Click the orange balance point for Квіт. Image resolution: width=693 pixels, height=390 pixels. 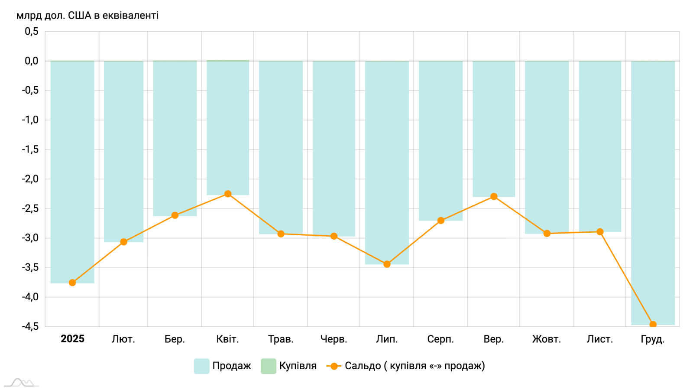(228, 194)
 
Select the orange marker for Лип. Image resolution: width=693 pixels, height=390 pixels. (387, 264)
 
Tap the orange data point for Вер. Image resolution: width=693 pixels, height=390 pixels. (494, 196)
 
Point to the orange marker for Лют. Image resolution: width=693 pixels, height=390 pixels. (123, 242)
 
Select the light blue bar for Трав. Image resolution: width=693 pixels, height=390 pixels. (281, 147)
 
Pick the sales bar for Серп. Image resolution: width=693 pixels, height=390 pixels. (440, 141)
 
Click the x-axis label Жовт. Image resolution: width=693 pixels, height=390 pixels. (546, 339)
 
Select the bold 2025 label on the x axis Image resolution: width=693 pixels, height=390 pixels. (72, 339)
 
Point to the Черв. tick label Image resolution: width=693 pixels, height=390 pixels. (334, 339)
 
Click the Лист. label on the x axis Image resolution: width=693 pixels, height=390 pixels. (599, 339)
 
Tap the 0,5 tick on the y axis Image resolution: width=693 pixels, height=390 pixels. (31, 32)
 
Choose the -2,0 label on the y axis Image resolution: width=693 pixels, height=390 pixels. (30, 179)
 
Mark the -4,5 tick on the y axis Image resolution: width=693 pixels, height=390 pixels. (30, 326)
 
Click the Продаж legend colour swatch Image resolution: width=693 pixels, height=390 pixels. (201, 366)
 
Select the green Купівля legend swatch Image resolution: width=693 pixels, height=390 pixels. (268, 366)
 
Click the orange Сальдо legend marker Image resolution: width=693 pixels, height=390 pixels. (334, 366)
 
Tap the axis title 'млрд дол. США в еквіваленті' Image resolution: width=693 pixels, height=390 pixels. (87, 16)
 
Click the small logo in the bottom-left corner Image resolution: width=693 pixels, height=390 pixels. (22, 383)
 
